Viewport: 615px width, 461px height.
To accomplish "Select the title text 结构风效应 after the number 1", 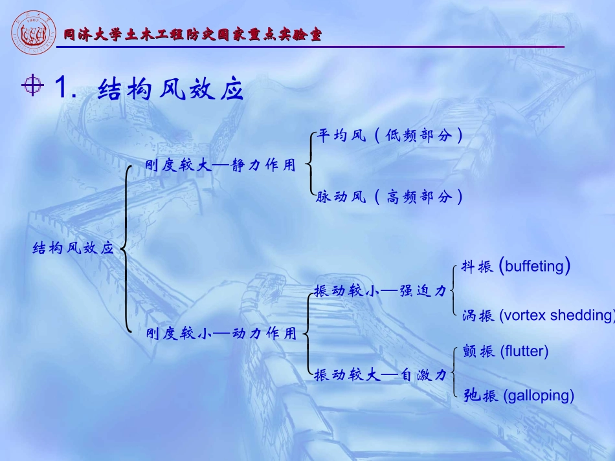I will tap(170, 90).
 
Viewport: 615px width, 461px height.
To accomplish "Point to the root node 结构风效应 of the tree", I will tap(73, 248).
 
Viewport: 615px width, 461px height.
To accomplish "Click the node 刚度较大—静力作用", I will tap(220, 166).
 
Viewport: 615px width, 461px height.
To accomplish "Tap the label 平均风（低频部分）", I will tap(390, 136).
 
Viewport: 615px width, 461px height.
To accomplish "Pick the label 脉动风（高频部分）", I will tap(390, 197).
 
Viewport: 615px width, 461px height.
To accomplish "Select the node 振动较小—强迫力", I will tap(380, 292).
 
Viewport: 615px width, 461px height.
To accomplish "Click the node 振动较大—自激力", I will tap(380, 374).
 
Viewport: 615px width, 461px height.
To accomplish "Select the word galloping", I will tap(538, 395).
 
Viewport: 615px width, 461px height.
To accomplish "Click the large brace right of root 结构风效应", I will tap(126, 248).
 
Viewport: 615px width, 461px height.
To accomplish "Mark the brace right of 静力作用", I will tap(309, 166).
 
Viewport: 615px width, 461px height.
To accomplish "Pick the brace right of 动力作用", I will tap(307, 334).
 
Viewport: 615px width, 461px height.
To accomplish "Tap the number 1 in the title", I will tap(63, 89).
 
